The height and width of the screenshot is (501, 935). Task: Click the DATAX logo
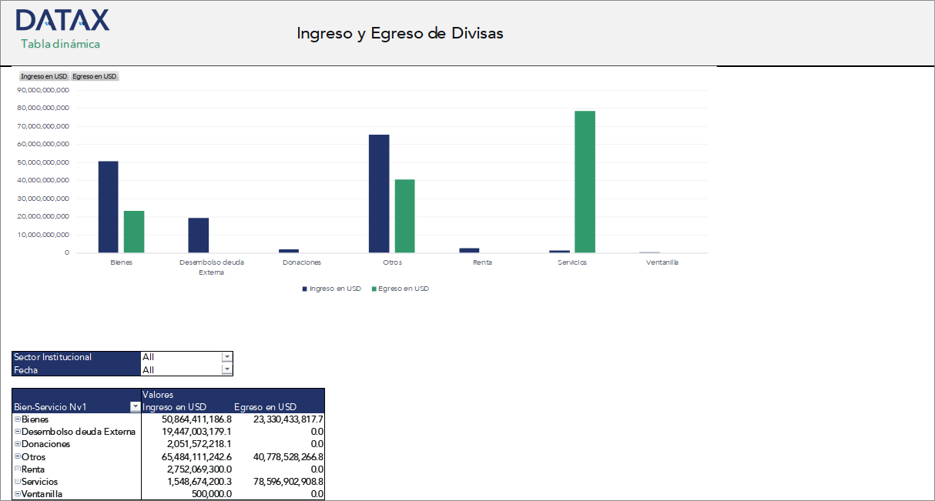point(62,20)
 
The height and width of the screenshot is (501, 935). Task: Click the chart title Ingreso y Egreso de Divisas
point(400,33)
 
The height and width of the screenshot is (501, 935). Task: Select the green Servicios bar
point(585,182)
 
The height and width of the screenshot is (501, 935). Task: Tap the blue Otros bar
point(379,193)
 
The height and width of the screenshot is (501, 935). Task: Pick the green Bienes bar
point(134,231)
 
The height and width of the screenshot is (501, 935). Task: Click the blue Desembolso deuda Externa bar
point(198,235)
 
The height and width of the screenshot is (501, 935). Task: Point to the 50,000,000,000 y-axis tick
point(43,162)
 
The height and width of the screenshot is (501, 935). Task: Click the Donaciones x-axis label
point(302,262)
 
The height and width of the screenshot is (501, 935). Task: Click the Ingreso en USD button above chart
point(44,76)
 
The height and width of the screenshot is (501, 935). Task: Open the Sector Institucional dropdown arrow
point(226,357)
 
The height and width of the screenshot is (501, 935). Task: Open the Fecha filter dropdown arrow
point(226,369)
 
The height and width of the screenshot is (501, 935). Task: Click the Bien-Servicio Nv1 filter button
point(136,407)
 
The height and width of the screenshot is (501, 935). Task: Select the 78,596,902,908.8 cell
point(280,481)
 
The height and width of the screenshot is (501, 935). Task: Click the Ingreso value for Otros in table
point(187,456)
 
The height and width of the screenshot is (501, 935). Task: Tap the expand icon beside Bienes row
point(17,419)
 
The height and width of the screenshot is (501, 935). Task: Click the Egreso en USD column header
point(266,407)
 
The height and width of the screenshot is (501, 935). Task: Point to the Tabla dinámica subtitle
point(61,44)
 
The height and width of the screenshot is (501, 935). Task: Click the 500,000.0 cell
point(211,494)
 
